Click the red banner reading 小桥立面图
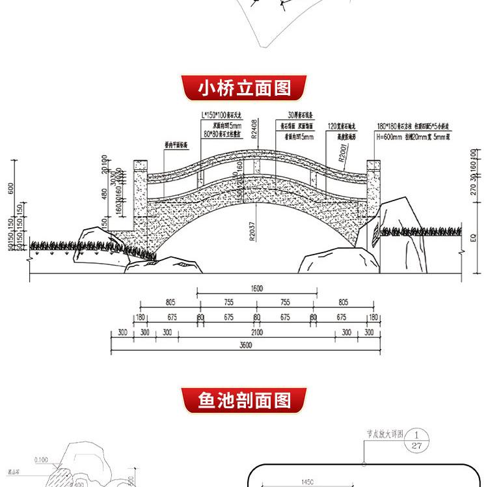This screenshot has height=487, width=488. point(244,87)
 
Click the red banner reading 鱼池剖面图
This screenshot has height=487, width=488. point(244,399)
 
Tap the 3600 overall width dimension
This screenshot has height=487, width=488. point(245,345)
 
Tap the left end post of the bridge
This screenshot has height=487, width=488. point(140,195)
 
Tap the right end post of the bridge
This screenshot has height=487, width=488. point(373,192)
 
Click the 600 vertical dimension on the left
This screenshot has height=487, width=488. point(10,188)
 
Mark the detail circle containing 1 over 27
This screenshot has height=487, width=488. point(419,439)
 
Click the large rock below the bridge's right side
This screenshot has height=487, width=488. point(338,260)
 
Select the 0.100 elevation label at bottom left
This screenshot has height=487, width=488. point(40,460)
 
